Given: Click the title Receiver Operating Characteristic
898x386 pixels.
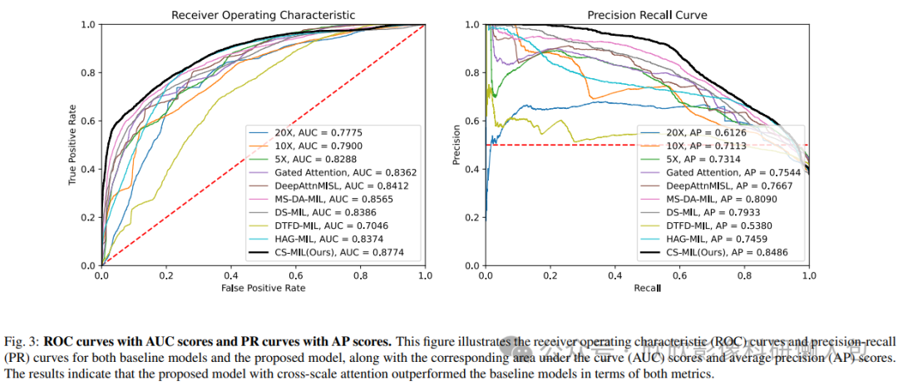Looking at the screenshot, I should (263, 15).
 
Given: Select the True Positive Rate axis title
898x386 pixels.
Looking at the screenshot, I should (73, 145).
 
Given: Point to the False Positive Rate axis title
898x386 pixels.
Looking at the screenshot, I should (263, 287).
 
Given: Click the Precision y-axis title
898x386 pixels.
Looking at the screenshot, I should (456, 145).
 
